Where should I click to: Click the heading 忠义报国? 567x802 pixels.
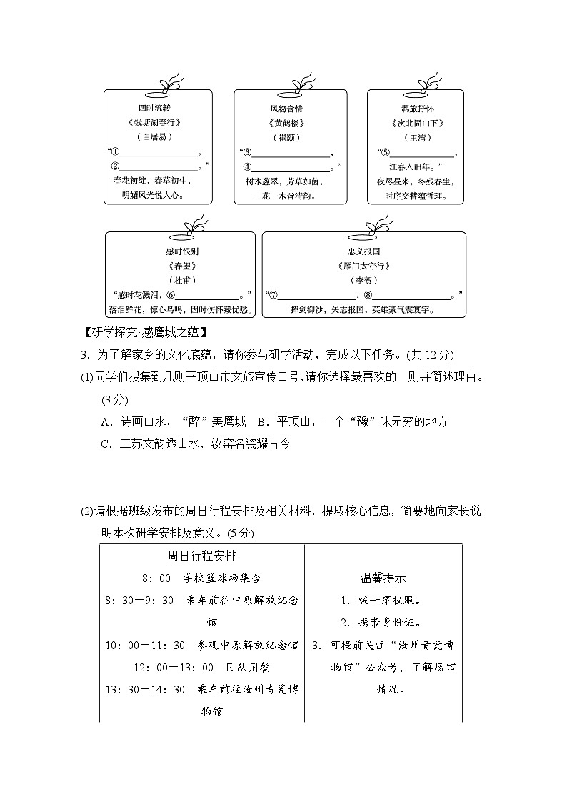(364, 251)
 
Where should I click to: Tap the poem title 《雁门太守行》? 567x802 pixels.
(364, 266)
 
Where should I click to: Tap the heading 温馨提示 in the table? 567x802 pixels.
(383, 578)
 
